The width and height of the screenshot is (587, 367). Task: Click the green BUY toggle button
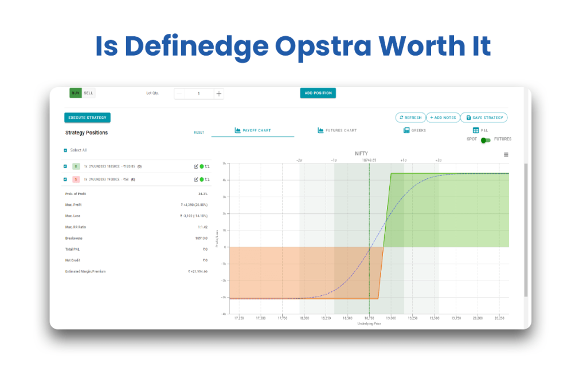coord(76,93)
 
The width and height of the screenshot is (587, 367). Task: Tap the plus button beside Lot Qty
coord(218,93)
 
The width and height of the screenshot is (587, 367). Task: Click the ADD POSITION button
coord(318,93)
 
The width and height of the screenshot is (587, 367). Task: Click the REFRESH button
coord(410,118)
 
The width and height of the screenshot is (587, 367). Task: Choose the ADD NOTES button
coord(443,118)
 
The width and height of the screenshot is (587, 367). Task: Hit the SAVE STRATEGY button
coord(484,118)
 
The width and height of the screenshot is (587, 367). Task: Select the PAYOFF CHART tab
coord(253,131)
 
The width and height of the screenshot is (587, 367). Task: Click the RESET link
coord(199,132)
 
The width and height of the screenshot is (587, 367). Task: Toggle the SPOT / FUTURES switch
coord(486,140)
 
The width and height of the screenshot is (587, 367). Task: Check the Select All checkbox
coord(65,150)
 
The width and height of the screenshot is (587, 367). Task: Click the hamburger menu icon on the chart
coord(506,155)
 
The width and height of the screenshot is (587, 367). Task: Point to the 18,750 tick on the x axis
coord(369,318)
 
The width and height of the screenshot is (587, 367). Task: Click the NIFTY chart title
coord(362,154)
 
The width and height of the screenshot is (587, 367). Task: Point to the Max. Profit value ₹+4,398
coord(194,205)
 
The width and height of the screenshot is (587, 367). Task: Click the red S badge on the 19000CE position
coord(76,179)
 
